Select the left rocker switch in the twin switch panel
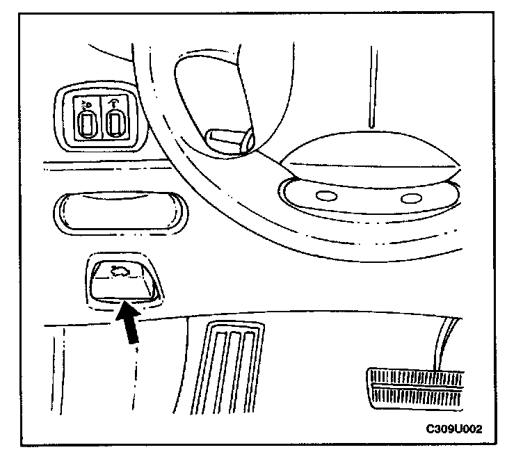[x=87, y=126]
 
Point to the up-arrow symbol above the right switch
[x=113, y=106]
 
